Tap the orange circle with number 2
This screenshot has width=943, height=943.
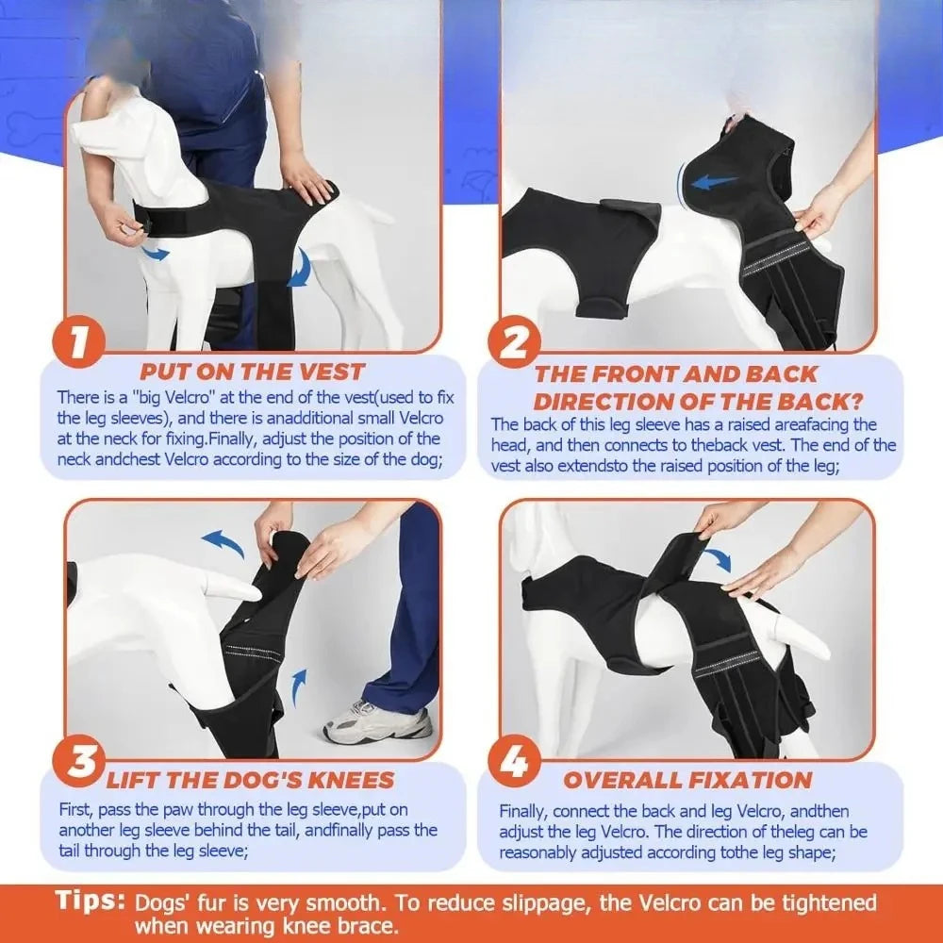[515, 343]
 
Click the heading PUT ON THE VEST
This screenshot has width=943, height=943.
[252, 372]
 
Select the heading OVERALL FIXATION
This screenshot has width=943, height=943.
[687, 780]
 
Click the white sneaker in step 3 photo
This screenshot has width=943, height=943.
[377, 722]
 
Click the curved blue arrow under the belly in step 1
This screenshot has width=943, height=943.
[300, 269]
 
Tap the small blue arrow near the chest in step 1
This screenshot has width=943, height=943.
[156, 253]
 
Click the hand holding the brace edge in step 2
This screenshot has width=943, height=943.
[817, 212]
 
